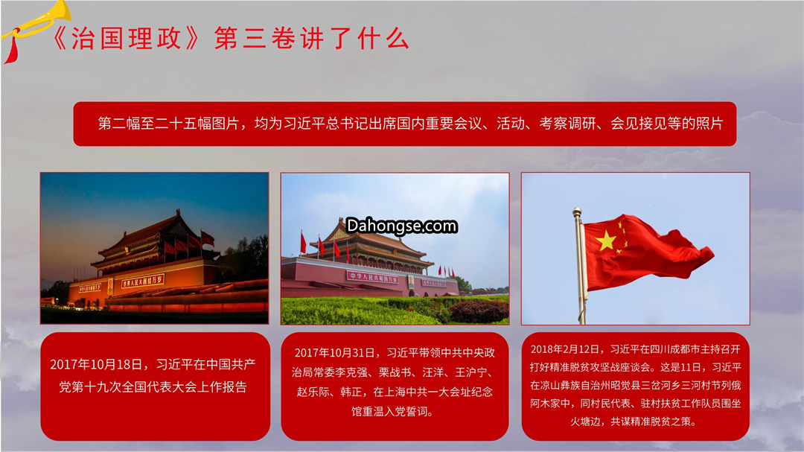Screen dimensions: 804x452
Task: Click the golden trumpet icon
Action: [36, 23]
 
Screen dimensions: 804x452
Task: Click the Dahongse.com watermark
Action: [401, 226]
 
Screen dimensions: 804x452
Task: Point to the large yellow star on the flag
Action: [605, 241]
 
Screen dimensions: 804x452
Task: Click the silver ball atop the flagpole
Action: [577, 211]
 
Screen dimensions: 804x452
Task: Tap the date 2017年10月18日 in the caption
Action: [96, 364]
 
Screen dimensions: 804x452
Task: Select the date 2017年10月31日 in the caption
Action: [337, 353]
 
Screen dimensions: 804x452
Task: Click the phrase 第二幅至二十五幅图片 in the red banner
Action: [168, 124]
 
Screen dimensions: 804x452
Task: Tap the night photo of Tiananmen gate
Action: [154, 248]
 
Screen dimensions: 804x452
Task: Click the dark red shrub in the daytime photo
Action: [479, 311]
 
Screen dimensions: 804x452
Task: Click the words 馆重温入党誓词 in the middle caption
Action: [389, 412]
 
